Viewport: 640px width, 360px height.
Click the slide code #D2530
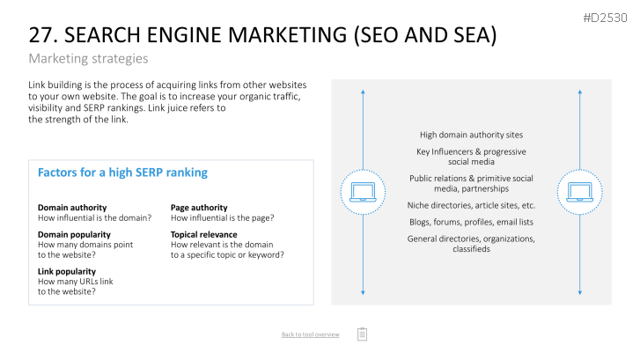tap(605, 18)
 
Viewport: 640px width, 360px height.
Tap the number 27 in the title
tap(40, 35)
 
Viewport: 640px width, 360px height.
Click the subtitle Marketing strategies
tap(88, 59)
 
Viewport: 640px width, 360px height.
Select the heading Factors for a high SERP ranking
tap(122, 173)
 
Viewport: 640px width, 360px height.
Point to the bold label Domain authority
tap(72, 208)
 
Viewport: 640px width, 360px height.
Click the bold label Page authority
tap(199, 208)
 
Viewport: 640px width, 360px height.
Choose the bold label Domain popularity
tap(74, 234)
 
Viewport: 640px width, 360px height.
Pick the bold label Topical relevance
tap(203, 234)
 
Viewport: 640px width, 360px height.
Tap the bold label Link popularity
tap(67, 271)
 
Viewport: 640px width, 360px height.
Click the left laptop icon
tap(363, 192)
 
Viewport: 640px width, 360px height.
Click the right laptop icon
tap(579, 192)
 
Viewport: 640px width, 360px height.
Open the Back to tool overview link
tap(310, 334)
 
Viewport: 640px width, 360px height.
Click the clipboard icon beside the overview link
tap(362, 334)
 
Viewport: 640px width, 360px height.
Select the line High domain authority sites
tap(472, 135)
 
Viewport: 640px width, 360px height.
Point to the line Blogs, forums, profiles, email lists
tap(472, 222)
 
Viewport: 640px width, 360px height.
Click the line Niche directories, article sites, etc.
tap(472, 205)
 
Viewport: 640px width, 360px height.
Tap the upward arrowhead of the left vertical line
tap(363, 92)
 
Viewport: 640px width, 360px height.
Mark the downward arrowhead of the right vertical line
tap(579, 292)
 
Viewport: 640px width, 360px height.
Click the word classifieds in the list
tap(472, 249)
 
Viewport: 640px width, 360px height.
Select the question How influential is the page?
tap(223, 218)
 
